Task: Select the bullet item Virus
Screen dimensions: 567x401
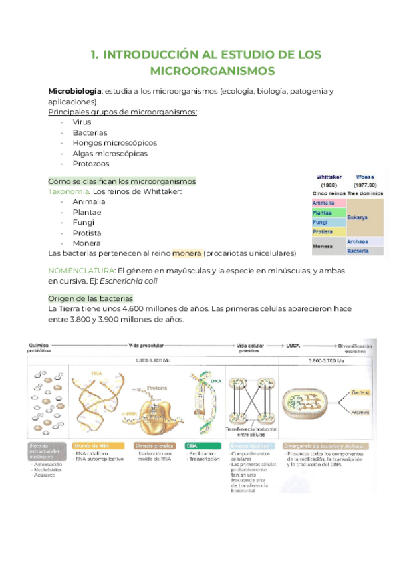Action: (82, 122)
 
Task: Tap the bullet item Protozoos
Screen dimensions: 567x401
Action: (91, 164)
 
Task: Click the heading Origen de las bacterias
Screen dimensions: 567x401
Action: (90, 298)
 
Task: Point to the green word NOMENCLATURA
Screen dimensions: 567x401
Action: (82, 271)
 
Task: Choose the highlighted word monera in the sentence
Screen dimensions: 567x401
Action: (187, 253)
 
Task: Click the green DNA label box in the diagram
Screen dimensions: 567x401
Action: (203, 445)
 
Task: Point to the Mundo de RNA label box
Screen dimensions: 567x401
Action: (99, 445)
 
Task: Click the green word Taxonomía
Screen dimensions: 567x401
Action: (68, 191)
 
